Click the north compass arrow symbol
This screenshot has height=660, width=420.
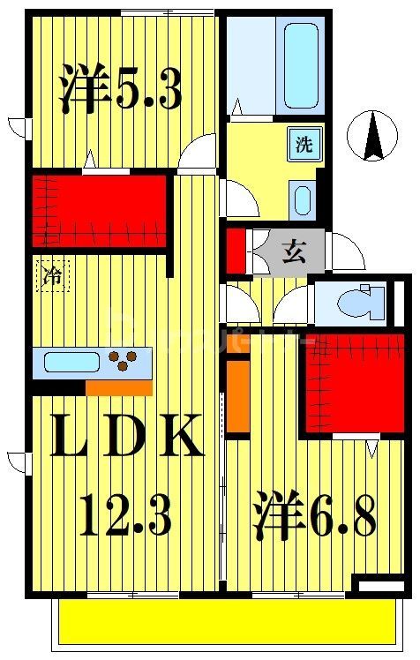pyautogui.click(x=374, y=137)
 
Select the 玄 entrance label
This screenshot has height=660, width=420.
pyautogui.click(x=294, y=252)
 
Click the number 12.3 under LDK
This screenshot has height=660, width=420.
pyautogui.click(x=124, y=516)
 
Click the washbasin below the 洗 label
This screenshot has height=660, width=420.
pyautogui.click(x=302, y=201)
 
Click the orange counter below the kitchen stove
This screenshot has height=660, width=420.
pyautogui.click(x=119, y=388)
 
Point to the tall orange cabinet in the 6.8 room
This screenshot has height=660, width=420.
pyautogui.click(x=237, y=397)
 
